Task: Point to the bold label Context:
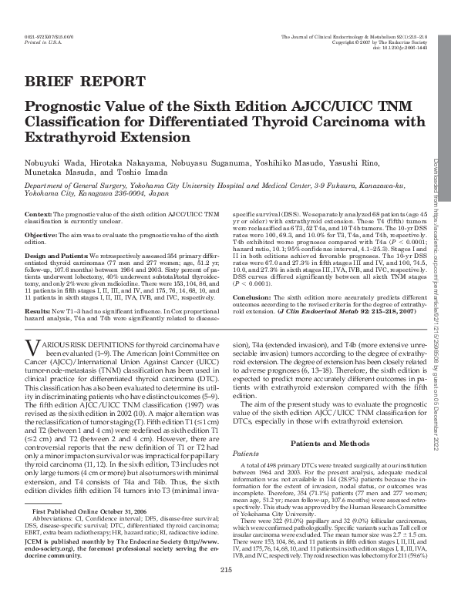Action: (x=39, y=212)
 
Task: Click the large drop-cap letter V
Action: (x=32, y=368)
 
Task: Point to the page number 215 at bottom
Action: (x=226, y=591)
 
